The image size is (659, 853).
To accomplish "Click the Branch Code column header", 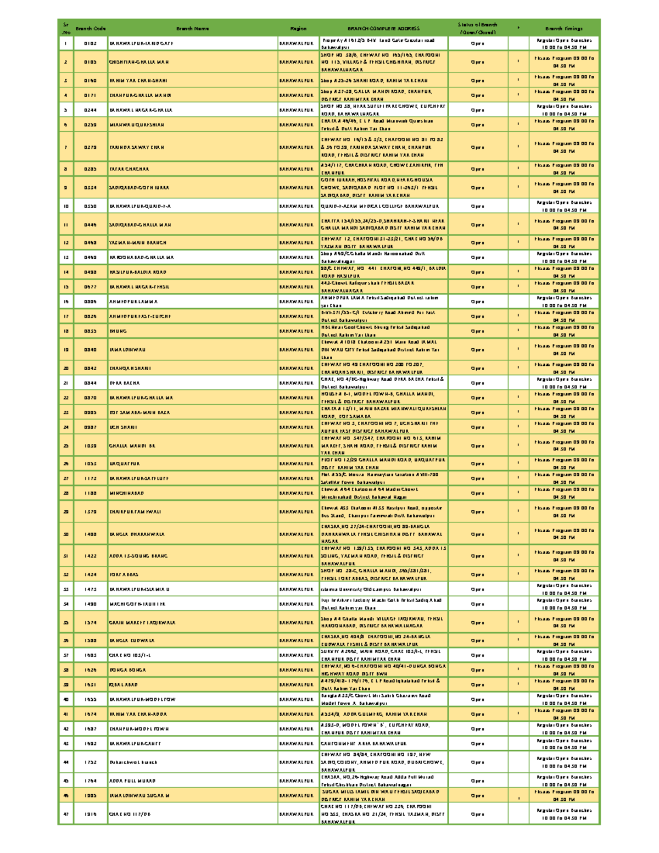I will (91, 29).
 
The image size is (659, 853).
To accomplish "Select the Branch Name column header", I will (192, 29).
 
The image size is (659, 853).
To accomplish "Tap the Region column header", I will (298, 29).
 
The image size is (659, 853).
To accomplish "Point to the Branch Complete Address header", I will (383, 29).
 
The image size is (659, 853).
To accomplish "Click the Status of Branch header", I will (477, 28).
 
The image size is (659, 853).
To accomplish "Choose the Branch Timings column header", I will (564, 29).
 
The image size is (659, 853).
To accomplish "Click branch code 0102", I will (91, 43).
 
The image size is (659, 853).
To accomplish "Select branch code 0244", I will (91, 110).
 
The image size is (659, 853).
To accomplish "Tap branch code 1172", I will (91, 478).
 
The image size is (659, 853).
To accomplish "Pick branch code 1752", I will (91, 762).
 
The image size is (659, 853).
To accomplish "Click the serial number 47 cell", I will (66, 814).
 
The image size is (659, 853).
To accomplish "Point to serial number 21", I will (66, 383).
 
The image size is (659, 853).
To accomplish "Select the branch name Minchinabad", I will (127, 493).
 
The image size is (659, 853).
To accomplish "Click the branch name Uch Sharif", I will (124, 427).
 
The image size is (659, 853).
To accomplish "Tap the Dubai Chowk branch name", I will (133, 762).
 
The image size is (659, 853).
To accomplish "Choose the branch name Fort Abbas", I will (124, 575).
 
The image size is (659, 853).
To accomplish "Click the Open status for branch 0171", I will (477, 96).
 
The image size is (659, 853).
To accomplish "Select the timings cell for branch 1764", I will (564, 780).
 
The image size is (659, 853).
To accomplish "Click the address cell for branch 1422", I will (383, 556).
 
